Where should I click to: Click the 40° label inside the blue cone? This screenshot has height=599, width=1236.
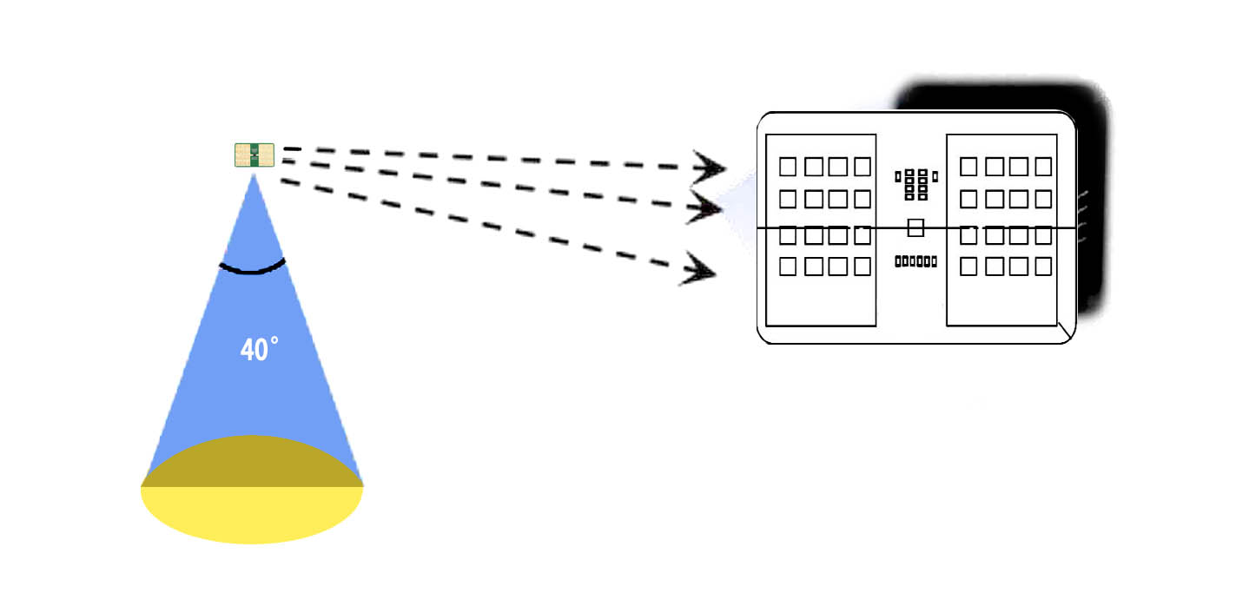259,350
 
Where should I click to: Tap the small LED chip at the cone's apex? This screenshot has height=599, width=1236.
254,155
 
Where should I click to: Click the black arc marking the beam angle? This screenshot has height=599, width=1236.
252,268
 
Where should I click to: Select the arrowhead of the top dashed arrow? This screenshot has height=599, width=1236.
711,167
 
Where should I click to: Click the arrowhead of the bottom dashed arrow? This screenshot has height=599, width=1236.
700,270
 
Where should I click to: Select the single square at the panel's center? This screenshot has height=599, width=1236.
915,228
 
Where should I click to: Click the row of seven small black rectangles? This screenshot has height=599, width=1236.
915,261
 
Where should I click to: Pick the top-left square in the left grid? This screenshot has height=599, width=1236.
788,166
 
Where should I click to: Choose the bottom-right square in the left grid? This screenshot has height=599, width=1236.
863,267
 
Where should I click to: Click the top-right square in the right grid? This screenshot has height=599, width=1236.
1043,166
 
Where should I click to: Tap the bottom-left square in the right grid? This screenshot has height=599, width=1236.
968,267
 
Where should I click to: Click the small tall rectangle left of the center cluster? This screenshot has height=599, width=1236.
898,177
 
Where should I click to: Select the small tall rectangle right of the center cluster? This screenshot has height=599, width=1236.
935,177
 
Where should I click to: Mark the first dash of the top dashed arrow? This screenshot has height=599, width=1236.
292,148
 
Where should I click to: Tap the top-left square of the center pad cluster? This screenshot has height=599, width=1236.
909,173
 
